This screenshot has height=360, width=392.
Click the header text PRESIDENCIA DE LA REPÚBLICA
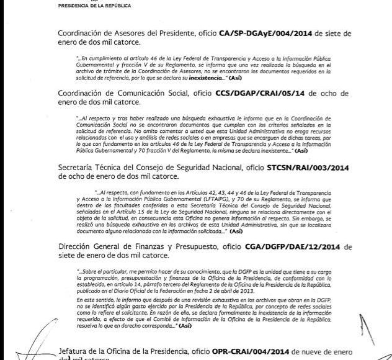click(94, 4)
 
